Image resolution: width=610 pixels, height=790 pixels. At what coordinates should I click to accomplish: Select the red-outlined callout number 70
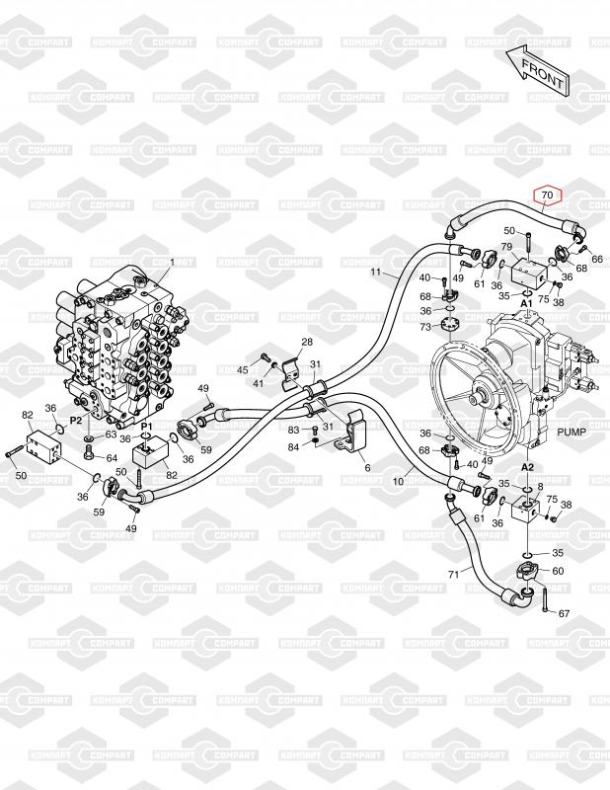(547, 196)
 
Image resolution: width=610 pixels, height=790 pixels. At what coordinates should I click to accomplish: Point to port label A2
(528, 466)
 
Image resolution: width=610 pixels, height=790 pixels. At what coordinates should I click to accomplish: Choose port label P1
(146, 426)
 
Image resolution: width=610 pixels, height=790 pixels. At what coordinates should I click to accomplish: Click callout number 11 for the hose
(376, 272)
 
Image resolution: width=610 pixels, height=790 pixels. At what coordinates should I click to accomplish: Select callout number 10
(400, 482)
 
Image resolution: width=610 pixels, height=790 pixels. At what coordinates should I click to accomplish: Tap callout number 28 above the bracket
(307, 342)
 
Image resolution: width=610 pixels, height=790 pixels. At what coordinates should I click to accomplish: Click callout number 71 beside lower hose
(453, 574)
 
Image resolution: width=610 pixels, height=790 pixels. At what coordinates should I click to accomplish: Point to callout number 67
(565, 614)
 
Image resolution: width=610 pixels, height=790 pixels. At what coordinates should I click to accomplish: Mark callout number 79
(505, 246)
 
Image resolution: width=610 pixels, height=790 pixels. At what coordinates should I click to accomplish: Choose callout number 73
(425, 326)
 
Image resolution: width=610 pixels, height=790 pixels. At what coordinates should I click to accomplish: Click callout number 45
(243, 369)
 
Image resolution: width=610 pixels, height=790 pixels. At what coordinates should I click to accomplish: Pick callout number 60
(558, 571)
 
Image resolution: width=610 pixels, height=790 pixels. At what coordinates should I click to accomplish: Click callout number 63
(111, 434)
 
